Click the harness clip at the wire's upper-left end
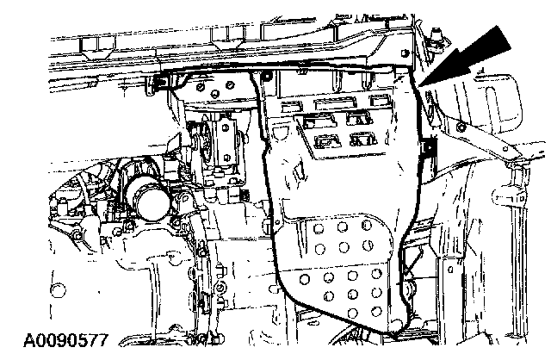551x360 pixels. [x=163, y=83]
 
